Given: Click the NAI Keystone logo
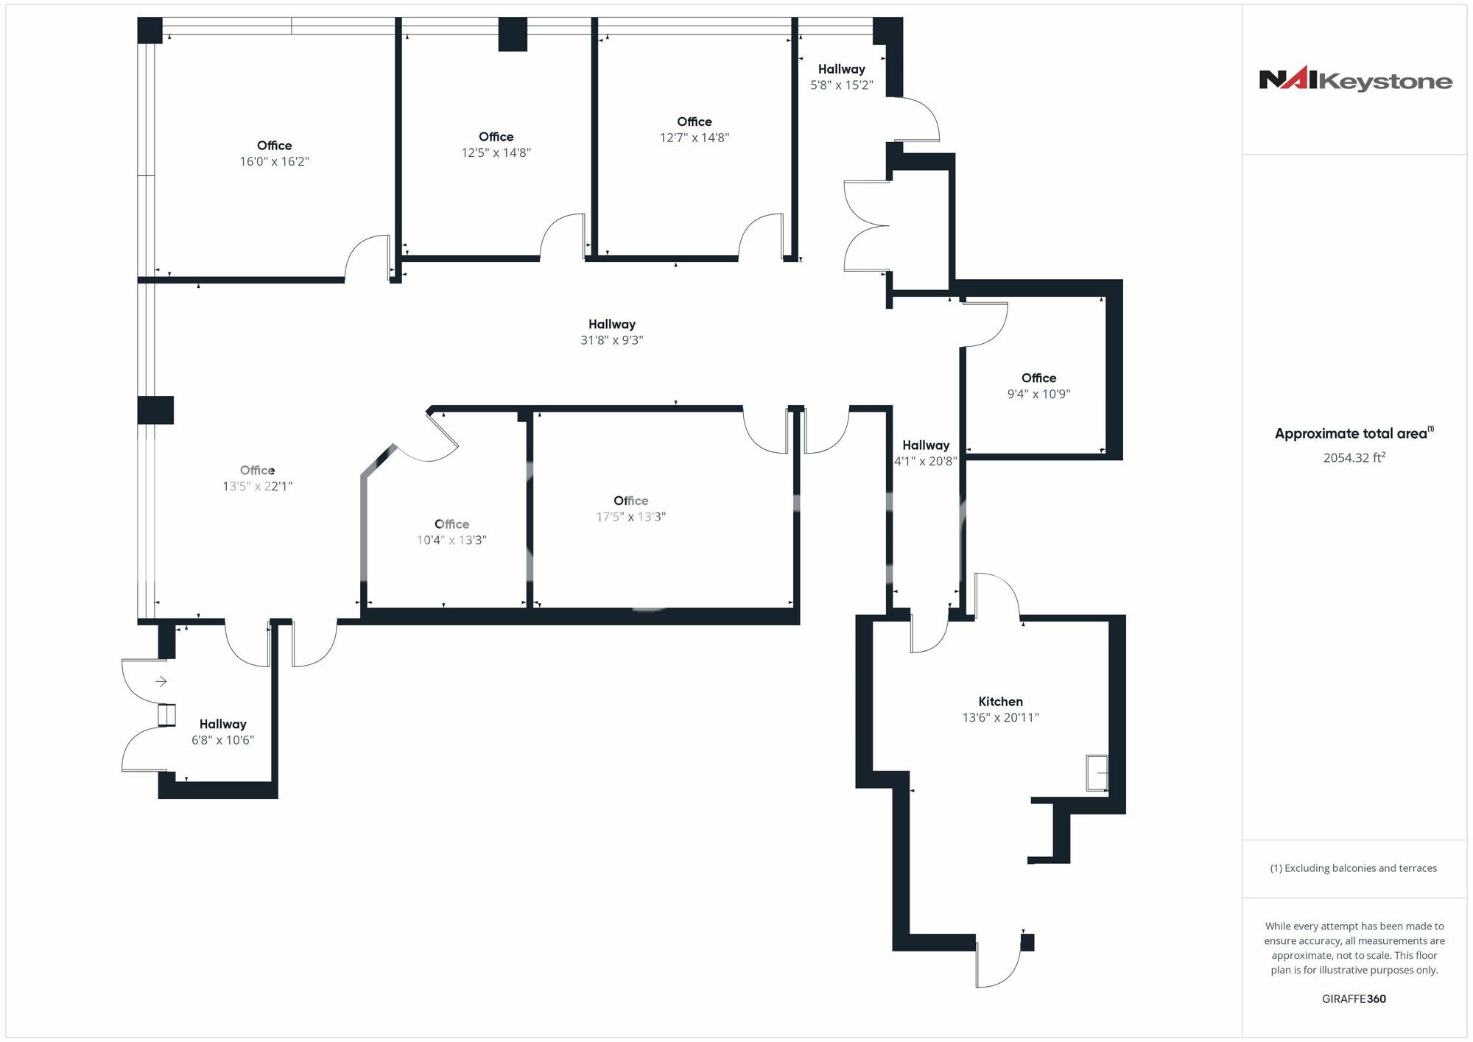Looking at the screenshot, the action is click(1355, 79).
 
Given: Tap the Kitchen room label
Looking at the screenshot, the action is click(1000, 702).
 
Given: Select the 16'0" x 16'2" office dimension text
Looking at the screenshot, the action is click(274, 161).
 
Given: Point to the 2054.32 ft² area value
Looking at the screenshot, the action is click(1354, 457).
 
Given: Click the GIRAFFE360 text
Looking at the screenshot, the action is click(1354, 999).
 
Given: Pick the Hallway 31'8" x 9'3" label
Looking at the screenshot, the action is click(611, 332).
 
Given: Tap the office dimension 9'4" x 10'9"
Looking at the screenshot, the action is click(1038, 394).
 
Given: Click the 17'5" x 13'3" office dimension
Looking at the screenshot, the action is click(630, 517).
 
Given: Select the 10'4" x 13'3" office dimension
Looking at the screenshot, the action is click(451, 541).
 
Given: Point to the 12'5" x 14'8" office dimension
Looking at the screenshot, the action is click(496, 153).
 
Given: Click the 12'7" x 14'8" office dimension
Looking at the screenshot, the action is click(694, 138).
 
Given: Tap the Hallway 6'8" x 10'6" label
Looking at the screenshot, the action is click(222, 732).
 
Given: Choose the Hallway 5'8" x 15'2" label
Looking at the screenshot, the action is click(841, 77).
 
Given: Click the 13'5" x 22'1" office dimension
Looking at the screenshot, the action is click(257, 486).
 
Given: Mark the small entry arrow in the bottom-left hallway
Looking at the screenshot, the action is click(161, 682).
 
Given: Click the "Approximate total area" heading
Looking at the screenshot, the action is click(1354, 433).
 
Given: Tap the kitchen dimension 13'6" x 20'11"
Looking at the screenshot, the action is click(1000, 717).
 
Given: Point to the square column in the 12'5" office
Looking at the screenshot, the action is click(513, 35).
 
